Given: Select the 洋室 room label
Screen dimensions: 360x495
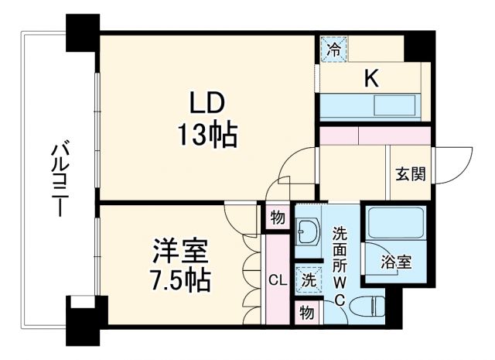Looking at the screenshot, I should click(179, 251).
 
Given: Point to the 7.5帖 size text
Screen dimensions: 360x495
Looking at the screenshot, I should click(179, 279).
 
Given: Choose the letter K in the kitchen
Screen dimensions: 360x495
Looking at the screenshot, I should click(371, 77).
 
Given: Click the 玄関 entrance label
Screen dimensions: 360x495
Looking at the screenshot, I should click(409, 173).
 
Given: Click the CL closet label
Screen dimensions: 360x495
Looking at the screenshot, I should click(277, 279).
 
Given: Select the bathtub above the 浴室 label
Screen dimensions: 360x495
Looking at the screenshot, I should click(394, 225).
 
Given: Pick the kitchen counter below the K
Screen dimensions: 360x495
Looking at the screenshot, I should click(370, 106).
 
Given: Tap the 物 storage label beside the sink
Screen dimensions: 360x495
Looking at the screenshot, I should click(277, 217).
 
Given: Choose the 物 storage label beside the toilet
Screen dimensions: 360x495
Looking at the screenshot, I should click(307, 313).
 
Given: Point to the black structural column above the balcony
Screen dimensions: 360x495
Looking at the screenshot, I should click(83, 33).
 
